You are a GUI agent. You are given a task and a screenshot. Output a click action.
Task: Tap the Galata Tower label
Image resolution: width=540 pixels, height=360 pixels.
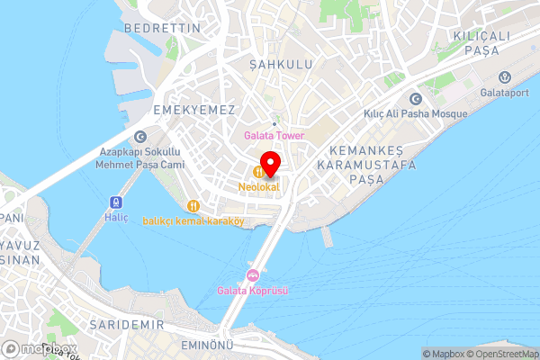click(274, 136)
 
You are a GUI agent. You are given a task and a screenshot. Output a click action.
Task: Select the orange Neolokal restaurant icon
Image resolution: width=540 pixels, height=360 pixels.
click(258, 171)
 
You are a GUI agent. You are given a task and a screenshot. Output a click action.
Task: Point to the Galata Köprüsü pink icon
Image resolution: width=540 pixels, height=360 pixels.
click(254, 274)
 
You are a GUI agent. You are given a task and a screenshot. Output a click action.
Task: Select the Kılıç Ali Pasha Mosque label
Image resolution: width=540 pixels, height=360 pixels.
click(415, 114)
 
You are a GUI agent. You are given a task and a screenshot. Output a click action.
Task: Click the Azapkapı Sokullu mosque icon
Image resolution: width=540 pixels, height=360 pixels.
click(139, 138)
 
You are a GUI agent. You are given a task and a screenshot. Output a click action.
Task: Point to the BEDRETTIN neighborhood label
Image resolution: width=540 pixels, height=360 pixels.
click(162, 29)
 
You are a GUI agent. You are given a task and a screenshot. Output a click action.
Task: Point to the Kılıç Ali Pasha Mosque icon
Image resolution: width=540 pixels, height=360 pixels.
click(415, 99)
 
